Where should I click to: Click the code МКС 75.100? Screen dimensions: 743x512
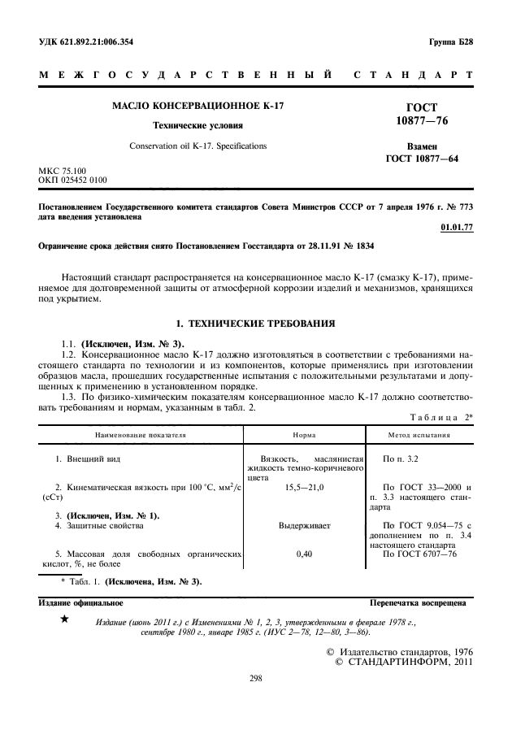pos(62,170)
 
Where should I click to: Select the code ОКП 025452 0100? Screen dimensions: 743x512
pos(72,180)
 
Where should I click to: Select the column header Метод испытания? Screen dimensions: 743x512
pos(420,435)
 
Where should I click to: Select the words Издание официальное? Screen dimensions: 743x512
pos(81,603)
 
